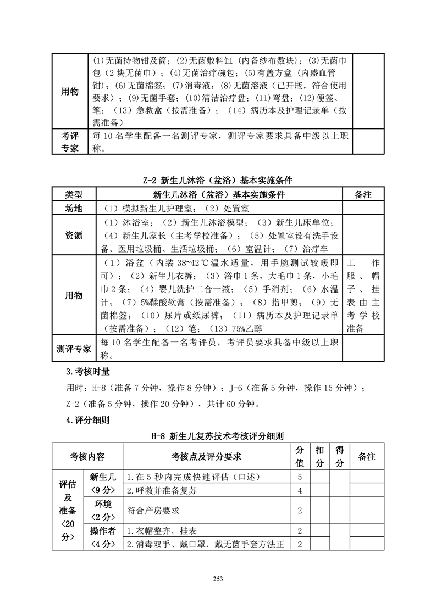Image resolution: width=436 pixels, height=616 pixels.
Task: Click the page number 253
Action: [x=218, y=578]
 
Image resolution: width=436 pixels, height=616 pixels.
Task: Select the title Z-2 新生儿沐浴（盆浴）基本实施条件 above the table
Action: [x=218, y=180]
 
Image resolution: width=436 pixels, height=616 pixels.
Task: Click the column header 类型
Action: [x=74, y=195]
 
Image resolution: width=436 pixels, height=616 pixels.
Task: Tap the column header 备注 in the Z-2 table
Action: [x=363, y=195]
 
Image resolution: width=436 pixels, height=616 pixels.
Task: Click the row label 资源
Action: [x=74, y=235]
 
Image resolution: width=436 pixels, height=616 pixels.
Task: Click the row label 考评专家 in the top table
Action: [x=70, y=142]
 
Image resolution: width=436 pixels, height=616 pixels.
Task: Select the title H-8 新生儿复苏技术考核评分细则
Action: [x=218, y=437]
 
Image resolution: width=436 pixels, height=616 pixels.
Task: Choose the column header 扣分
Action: [x=319, y=457]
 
